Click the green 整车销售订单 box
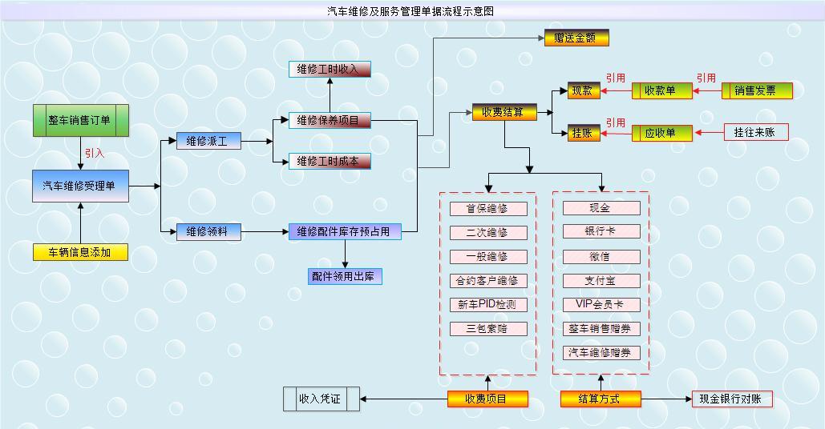click(80, 120)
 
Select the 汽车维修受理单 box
click(80, 186)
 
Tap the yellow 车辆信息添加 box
click(80, 252)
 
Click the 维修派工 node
click(208, 142)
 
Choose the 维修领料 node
click(208, 232)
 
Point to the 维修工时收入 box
click(330, 70)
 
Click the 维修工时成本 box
click(330, 162)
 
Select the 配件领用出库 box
click(345, 276)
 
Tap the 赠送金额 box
click(576, 38)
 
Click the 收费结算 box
click(503, 112)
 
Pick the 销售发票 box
click(757, 90)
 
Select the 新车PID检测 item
click(487, 305)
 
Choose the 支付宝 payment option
click(601, 281)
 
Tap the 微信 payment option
click(601, 257)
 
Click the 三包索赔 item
click(487, 329)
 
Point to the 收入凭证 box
click(321, 399)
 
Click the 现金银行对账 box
click(731, 399)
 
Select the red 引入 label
click(95, 153)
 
